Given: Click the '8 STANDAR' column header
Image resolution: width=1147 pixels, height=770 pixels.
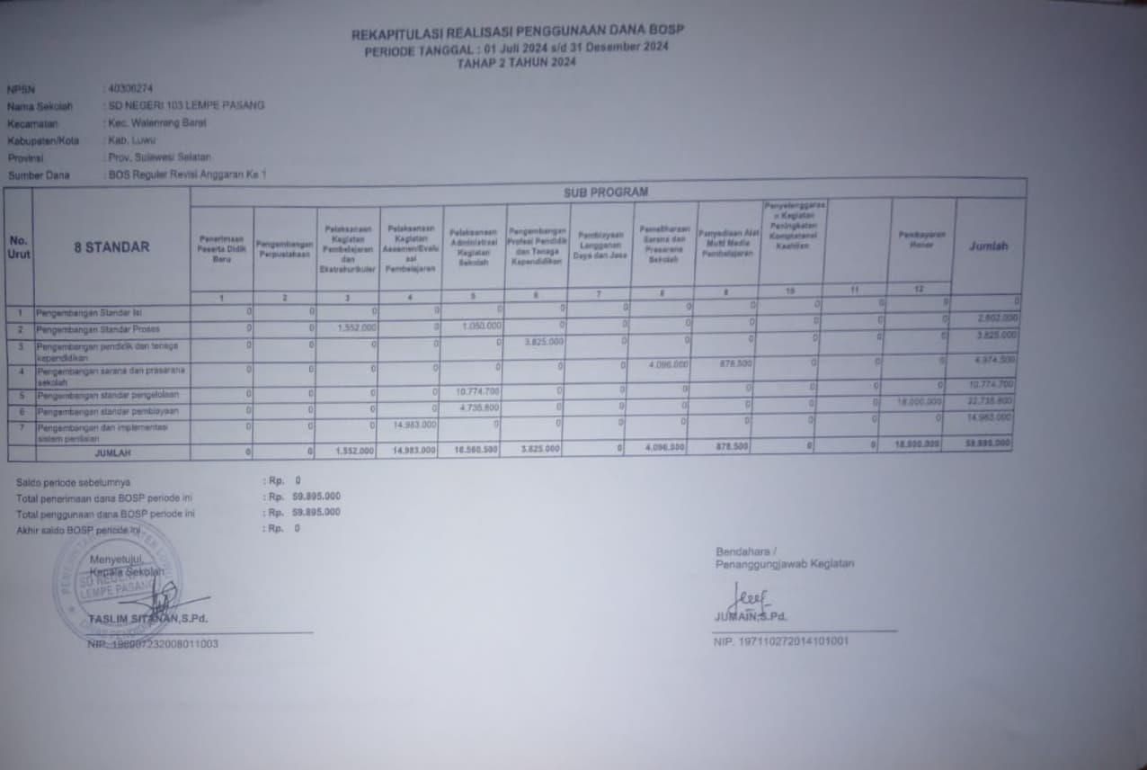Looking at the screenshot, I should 111,246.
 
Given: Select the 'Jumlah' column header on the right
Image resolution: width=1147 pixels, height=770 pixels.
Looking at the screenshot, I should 988,246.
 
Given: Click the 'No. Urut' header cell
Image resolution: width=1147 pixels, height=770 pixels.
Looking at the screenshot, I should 19,247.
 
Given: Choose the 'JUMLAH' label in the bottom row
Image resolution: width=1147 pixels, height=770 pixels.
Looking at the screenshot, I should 112,452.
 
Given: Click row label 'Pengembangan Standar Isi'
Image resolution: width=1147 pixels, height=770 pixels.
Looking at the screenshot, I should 89,313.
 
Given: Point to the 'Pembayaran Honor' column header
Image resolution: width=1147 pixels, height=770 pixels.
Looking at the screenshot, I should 921,238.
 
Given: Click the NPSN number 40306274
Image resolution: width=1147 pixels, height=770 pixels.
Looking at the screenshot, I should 131,88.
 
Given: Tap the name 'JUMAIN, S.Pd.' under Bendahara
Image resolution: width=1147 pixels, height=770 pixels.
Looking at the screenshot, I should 750,616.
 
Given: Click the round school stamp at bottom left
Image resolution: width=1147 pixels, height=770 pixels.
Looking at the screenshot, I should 117,579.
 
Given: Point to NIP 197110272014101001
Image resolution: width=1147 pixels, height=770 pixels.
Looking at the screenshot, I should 781,641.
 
